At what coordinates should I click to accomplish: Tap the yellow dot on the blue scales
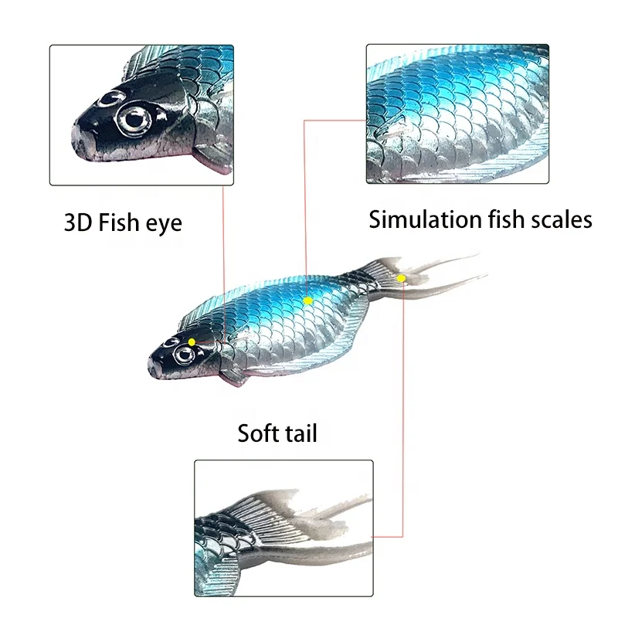click(307, 300)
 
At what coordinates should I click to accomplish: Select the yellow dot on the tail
click(401, 277)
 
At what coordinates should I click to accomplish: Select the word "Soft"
click(257, 433)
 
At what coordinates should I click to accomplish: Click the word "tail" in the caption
click(300, 433)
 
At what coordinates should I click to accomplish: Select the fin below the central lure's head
click(233, 377)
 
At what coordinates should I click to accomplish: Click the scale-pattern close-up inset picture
click(457, 114)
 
